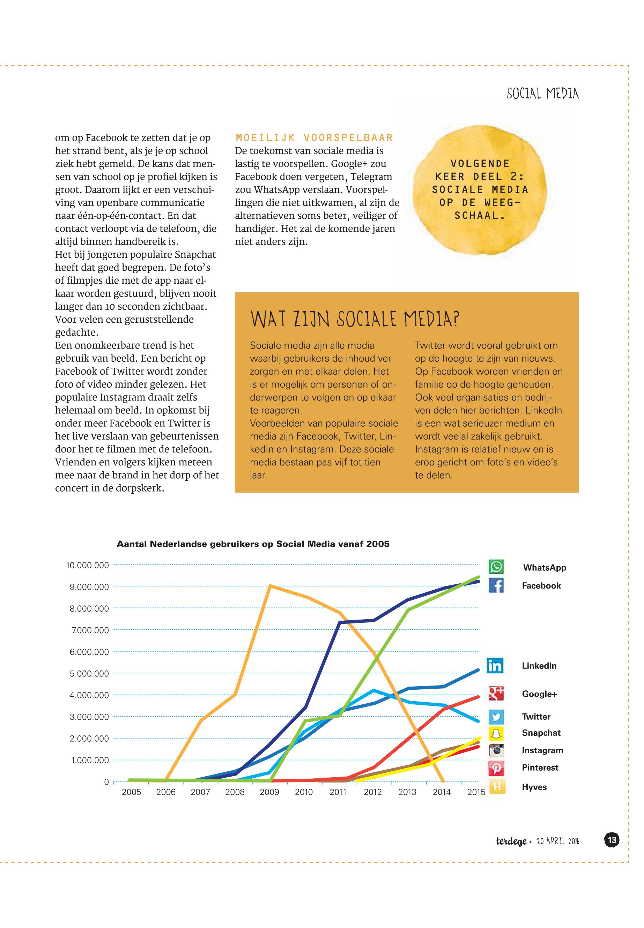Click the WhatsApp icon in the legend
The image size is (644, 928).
496,566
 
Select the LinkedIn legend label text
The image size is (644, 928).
539,666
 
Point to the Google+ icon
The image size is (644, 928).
496,694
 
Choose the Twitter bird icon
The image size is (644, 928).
496,717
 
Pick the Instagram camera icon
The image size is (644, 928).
496,750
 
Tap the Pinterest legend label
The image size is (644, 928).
540,768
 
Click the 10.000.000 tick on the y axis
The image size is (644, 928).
88,566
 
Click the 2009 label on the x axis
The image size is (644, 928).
269,792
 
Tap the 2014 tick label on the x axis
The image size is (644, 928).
442,792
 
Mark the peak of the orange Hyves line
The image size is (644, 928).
270,586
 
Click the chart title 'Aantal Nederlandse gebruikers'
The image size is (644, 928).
253,544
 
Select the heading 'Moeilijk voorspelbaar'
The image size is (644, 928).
314,138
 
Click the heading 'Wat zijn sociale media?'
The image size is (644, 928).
355,319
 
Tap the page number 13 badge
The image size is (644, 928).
612,840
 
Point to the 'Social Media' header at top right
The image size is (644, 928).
542,94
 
